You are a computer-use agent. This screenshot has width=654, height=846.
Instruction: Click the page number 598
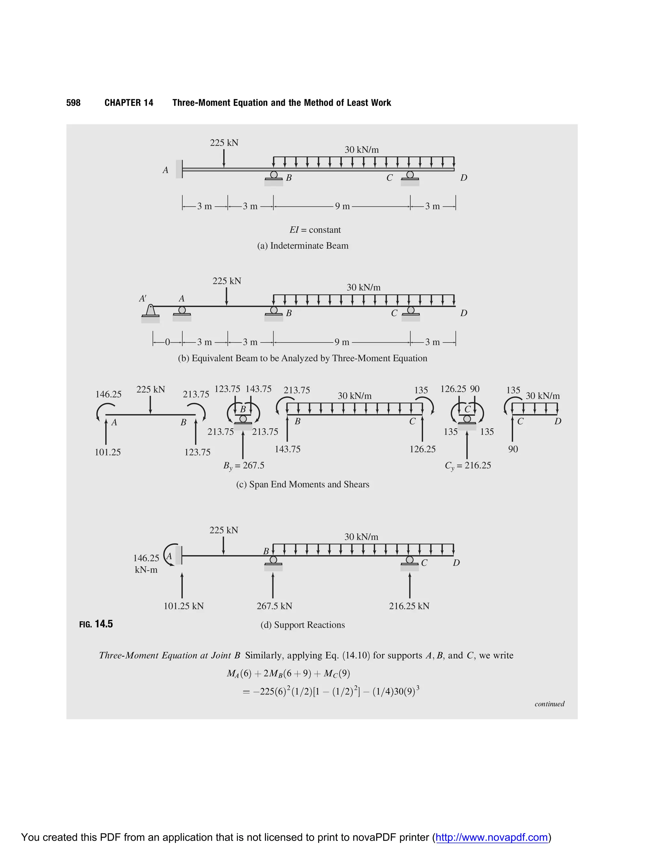[73, 103]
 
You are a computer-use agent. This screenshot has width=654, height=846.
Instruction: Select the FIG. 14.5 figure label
[96, 624]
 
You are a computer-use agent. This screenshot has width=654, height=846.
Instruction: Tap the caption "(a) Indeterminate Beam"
[303, 245]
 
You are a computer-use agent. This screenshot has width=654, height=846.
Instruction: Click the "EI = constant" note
[315, 230]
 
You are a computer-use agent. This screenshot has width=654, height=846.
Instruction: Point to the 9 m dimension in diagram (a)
[342, 206]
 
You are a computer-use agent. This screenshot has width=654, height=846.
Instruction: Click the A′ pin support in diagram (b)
[150, 312]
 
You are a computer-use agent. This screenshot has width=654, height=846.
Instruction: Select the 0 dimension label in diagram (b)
[167, 342]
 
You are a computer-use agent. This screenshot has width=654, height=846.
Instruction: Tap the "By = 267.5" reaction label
[244, 465]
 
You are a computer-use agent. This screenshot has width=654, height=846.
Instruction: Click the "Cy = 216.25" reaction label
[468, 465]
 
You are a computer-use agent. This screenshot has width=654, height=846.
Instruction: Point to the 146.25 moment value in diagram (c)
[109, 394]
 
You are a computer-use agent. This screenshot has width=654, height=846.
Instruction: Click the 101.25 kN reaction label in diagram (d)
[184, 606]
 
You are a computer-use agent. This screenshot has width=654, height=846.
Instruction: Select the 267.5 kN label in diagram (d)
[274, 606]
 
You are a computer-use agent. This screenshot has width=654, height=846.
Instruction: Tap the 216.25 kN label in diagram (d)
[409, 606]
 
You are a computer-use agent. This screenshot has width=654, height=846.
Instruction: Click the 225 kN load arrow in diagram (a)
[224, 158]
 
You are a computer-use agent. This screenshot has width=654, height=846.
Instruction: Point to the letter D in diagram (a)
[463, 178]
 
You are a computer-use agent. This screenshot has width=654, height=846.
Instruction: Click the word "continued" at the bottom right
[549, 704]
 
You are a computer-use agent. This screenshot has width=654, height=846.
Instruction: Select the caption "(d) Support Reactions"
[303, 625]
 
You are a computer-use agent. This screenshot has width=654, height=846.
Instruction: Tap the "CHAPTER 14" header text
[129, 103]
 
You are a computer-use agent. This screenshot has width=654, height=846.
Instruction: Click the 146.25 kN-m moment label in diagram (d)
[146, 563]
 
